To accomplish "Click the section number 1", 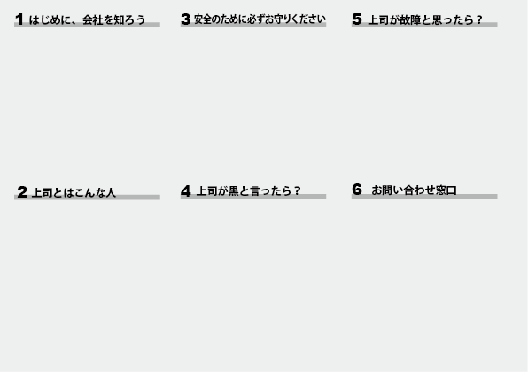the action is (19, 19).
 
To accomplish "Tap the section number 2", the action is (22, 192).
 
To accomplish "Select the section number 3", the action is (185, 19).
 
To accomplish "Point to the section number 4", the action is (186, 191).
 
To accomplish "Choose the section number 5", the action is (357, 19).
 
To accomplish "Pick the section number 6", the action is (357, 190).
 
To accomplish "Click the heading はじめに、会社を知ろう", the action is (87, 19).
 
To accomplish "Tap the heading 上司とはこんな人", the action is (74, 192).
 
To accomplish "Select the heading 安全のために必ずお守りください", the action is (260, 19).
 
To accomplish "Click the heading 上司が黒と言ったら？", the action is (248, 191).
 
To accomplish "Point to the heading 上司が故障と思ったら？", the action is (425, 19).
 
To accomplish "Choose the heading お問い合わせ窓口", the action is (415, 190).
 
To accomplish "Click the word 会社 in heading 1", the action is (93, 19).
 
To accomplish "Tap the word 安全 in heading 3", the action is (203, 19).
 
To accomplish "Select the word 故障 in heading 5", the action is (410, 19).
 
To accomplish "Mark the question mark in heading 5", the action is (479, 19).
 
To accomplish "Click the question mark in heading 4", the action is (297, 191).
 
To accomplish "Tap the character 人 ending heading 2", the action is (111, 192).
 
